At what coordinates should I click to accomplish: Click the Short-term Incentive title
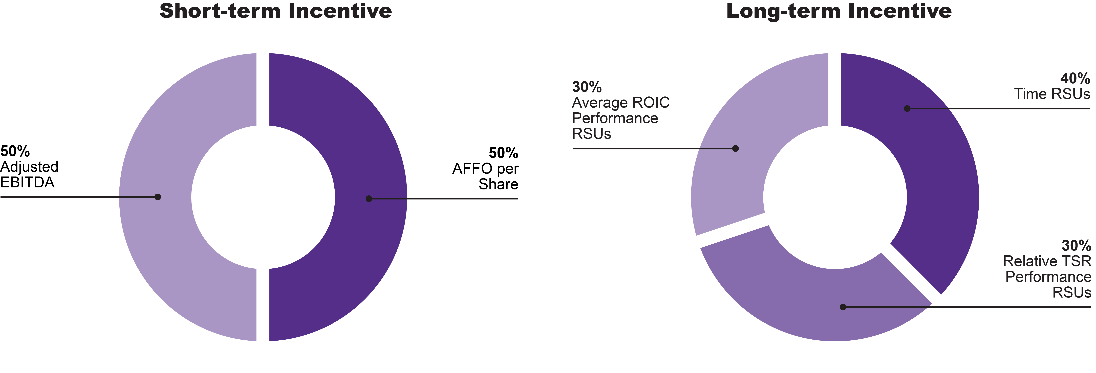(x=276, y=11)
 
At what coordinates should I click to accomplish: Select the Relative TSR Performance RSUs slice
(x=808, y=298)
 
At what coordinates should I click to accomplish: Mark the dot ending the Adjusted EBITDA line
(x=157, y=197)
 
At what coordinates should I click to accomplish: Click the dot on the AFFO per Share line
(x=369, y=198)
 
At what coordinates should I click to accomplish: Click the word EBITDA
(x=27, y=183)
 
